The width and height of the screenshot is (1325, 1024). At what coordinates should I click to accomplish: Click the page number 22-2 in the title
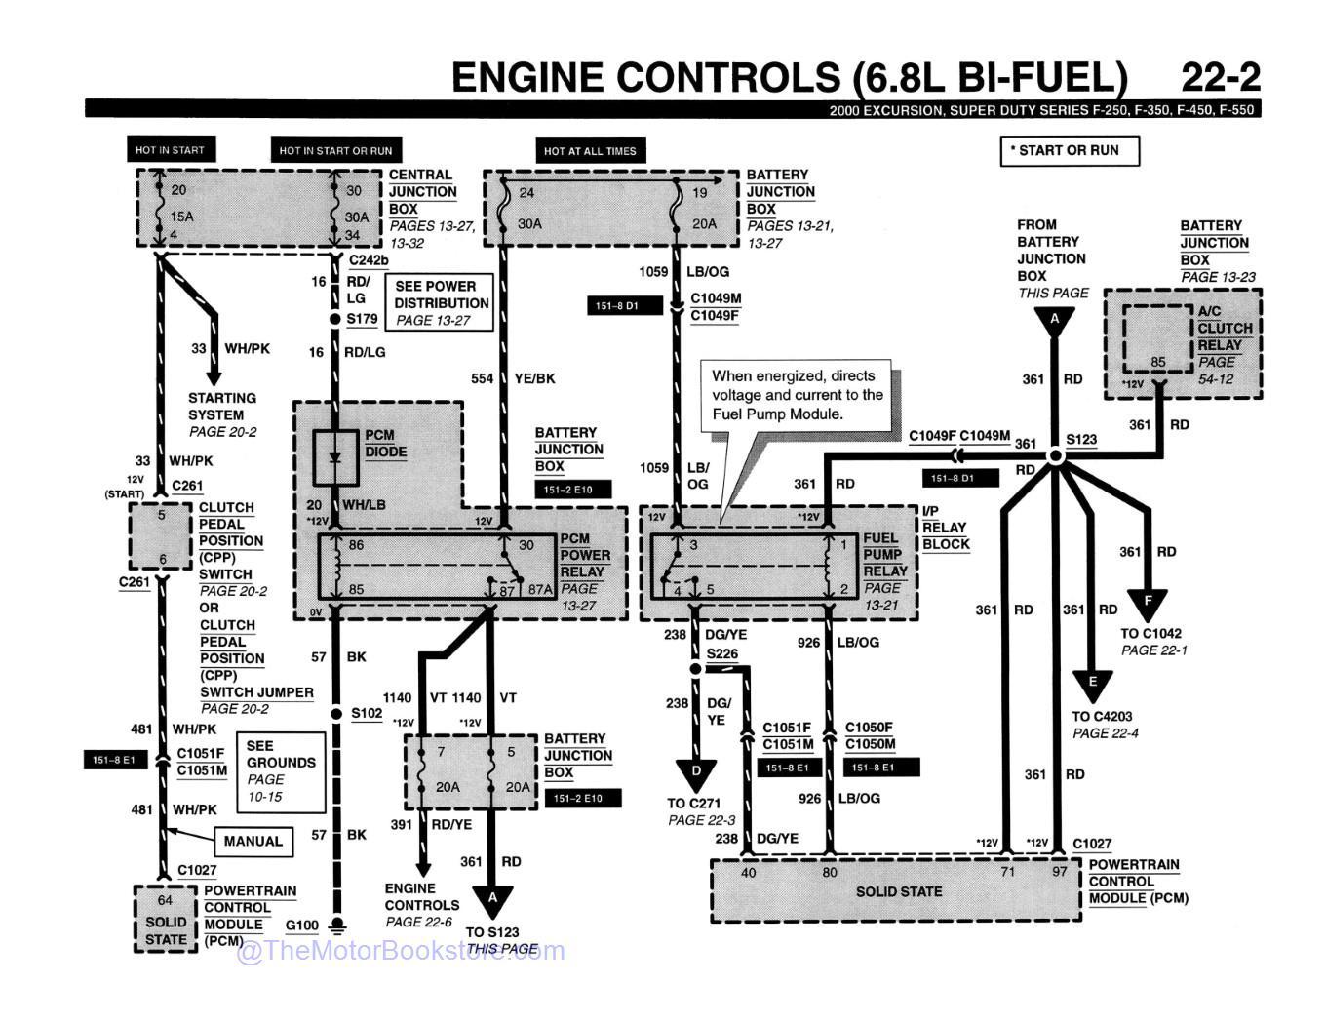tap(1220, 77)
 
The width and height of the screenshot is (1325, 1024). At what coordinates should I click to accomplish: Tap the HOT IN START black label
tap(170, 150)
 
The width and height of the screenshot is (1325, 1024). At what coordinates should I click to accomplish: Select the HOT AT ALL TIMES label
tap(589, 151)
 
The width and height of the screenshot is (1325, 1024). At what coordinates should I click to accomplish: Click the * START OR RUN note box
tap(1069, 150)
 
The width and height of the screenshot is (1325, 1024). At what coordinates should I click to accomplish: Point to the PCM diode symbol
tap(336, 457)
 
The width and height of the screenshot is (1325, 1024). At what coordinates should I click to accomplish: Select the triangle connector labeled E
tap(1092, 683)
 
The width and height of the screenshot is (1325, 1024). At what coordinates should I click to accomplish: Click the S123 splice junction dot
tap(1055, 455)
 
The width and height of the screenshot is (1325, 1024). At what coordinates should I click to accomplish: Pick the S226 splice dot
tap(695, 669)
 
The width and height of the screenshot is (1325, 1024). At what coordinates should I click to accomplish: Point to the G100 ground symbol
tap(337, 924)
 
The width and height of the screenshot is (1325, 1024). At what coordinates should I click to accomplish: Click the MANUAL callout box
tap(253, 841)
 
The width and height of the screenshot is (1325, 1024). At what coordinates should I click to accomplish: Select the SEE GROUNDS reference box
tap(281, 771)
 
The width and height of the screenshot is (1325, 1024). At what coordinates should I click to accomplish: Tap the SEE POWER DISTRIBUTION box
tap(441, 302)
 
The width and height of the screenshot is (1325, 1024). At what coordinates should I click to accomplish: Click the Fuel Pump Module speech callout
tap(797, 394)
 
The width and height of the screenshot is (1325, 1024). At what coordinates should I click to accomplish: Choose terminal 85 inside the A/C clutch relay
tap(1157, 363)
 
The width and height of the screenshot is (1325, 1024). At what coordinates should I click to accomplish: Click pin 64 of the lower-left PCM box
tap(165, 900)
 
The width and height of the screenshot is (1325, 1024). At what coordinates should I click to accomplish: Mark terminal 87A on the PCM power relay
tap(539, 589)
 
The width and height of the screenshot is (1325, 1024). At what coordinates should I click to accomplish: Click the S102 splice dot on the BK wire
tap(335, 713)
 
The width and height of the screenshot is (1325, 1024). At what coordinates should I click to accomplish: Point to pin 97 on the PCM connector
tap(1059, 872)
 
